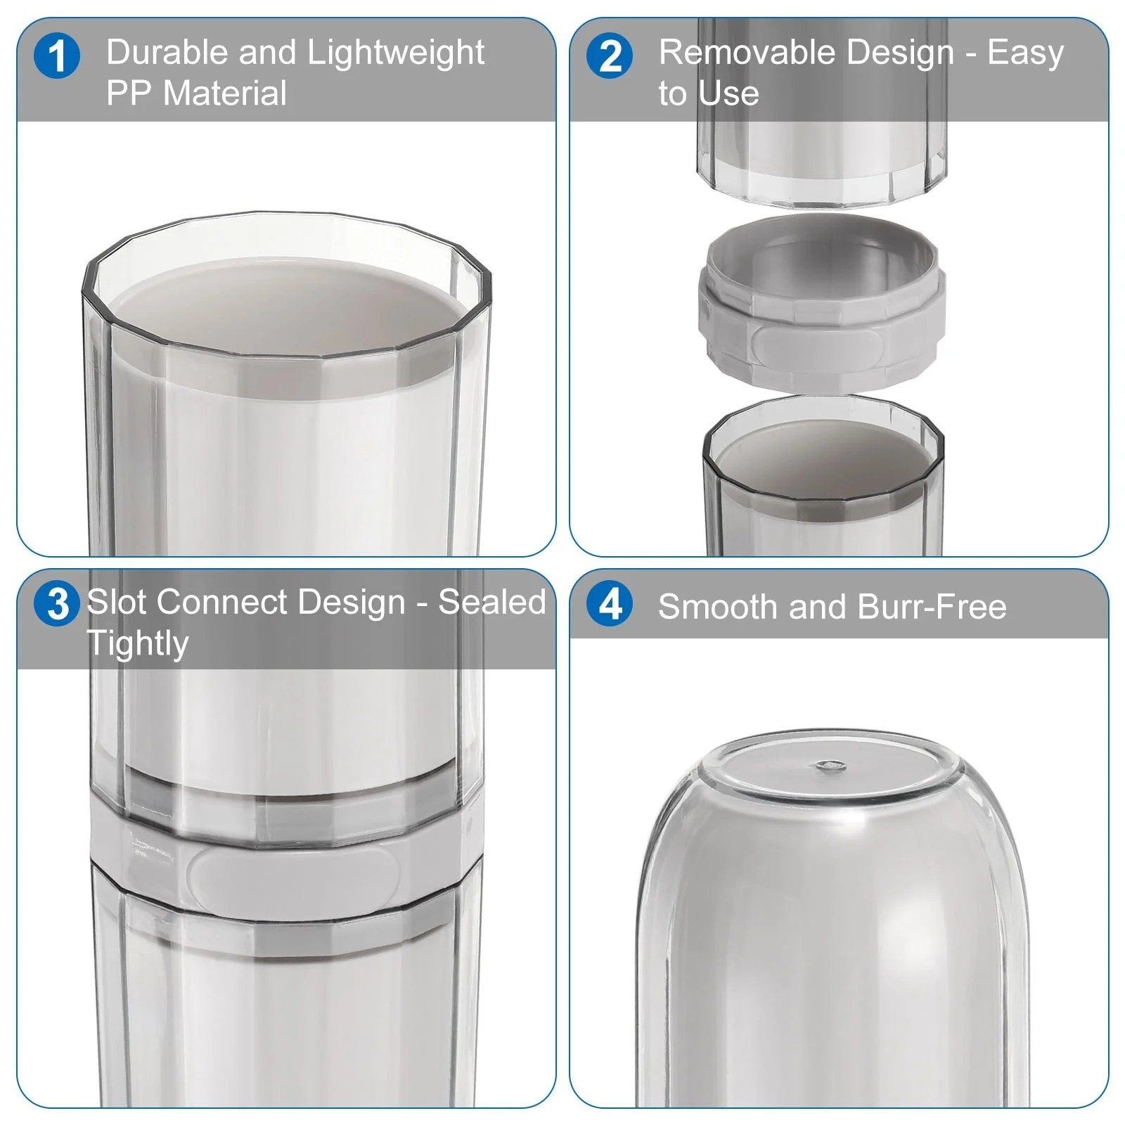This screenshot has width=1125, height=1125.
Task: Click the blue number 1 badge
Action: click(57, 56)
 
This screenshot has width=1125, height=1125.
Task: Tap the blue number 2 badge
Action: click(610, 56)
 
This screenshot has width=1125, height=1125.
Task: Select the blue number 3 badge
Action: click(57, 604)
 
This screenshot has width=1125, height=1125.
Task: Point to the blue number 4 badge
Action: click(610, 604)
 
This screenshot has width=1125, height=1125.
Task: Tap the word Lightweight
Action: click(396, 53)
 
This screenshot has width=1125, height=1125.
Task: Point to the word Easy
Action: click(1026, 53)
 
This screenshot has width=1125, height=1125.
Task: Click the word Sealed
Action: click(492, 602)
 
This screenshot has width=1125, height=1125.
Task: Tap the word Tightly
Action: click(138, 644)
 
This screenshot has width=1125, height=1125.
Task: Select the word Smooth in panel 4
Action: click(718, 606)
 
